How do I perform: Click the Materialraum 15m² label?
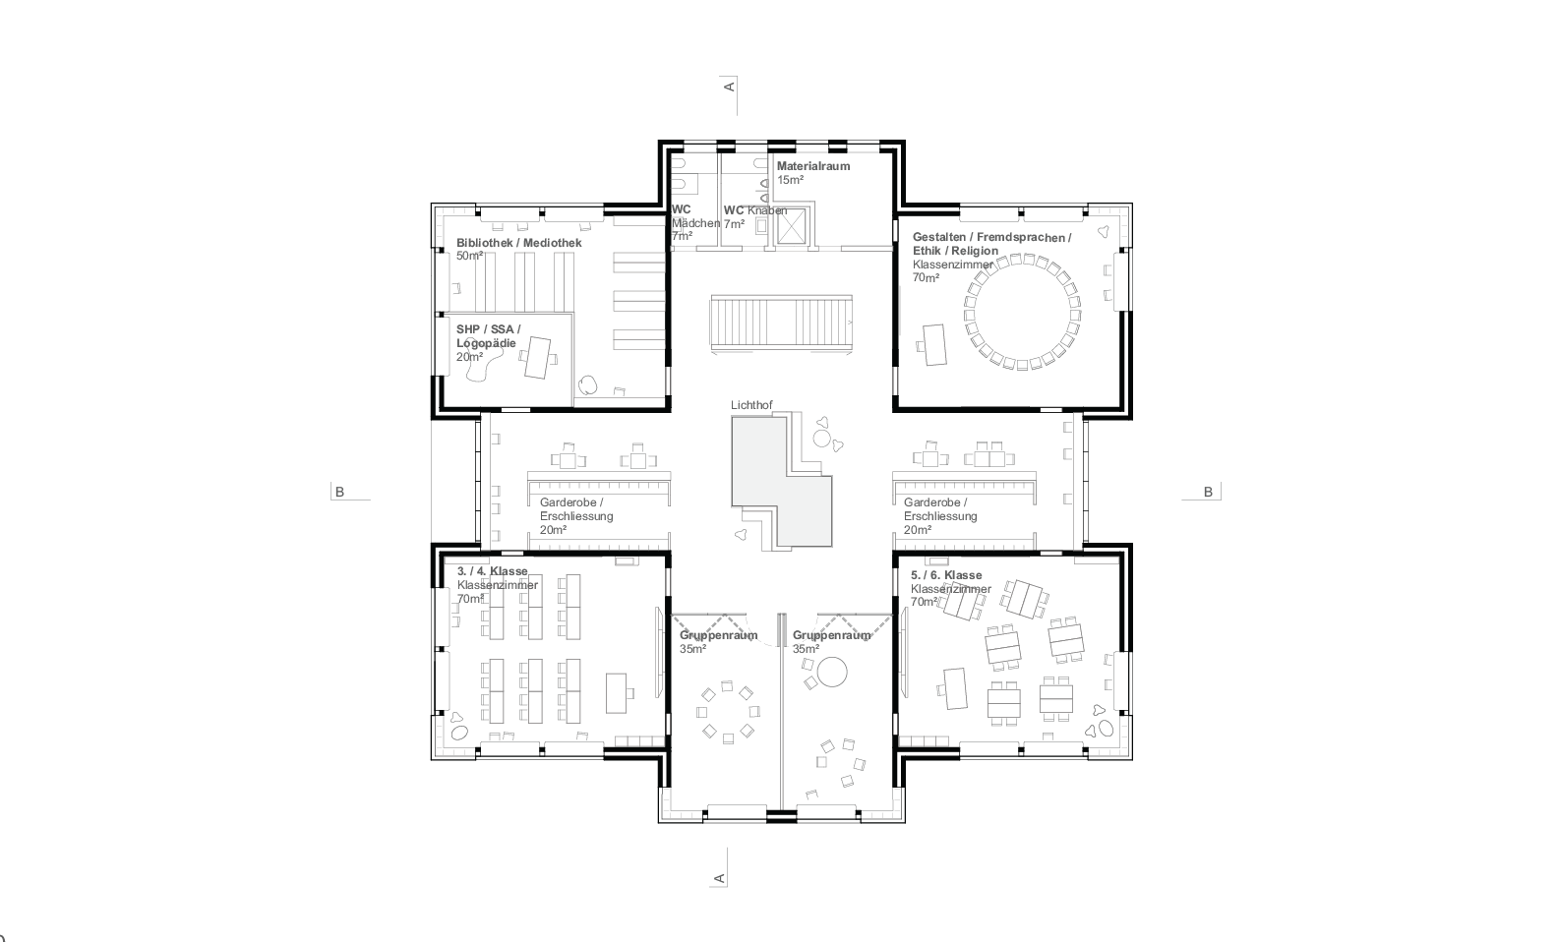812,173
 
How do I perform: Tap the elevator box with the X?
792,225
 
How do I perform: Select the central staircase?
782,323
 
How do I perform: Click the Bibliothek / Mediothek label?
518,248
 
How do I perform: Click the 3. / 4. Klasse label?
492,584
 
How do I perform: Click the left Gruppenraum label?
718,641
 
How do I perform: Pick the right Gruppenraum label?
831,641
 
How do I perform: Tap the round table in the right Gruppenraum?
832,672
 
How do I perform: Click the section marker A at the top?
729,87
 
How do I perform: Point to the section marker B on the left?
340,492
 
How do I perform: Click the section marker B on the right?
1209,492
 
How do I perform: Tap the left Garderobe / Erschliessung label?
575,515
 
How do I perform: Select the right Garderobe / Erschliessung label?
939,515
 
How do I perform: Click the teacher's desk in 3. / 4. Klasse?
619,691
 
